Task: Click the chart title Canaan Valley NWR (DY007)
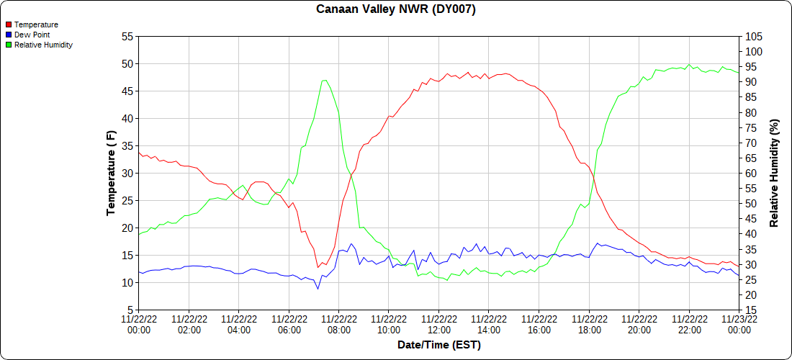(x=396, y=9)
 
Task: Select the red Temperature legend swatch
(x=9, y=24)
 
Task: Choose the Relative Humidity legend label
(x=43, y=45)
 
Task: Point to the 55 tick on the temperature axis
(x=127, y=36)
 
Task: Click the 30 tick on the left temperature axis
(x=127, y=173)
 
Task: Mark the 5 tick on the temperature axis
(x=130, y=310)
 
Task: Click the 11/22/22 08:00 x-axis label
(x=339, y=324)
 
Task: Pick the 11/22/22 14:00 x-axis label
(x=489, y=324)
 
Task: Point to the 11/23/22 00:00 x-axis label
(x=739, y=324)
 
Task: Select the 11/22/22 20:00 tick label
(x=639, y=324)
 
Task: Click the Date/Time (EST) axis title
(x=438, y=345)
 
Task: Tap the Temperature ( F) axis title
(x=111, y=173)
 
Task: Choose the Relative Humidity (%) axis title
(x=775, y=173)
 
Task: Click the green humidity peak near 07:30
(x=325, y=80)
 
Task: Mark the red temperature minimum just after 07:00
(x=318, y=267)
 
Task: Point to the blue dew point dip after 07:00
(x=318, y=289)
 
